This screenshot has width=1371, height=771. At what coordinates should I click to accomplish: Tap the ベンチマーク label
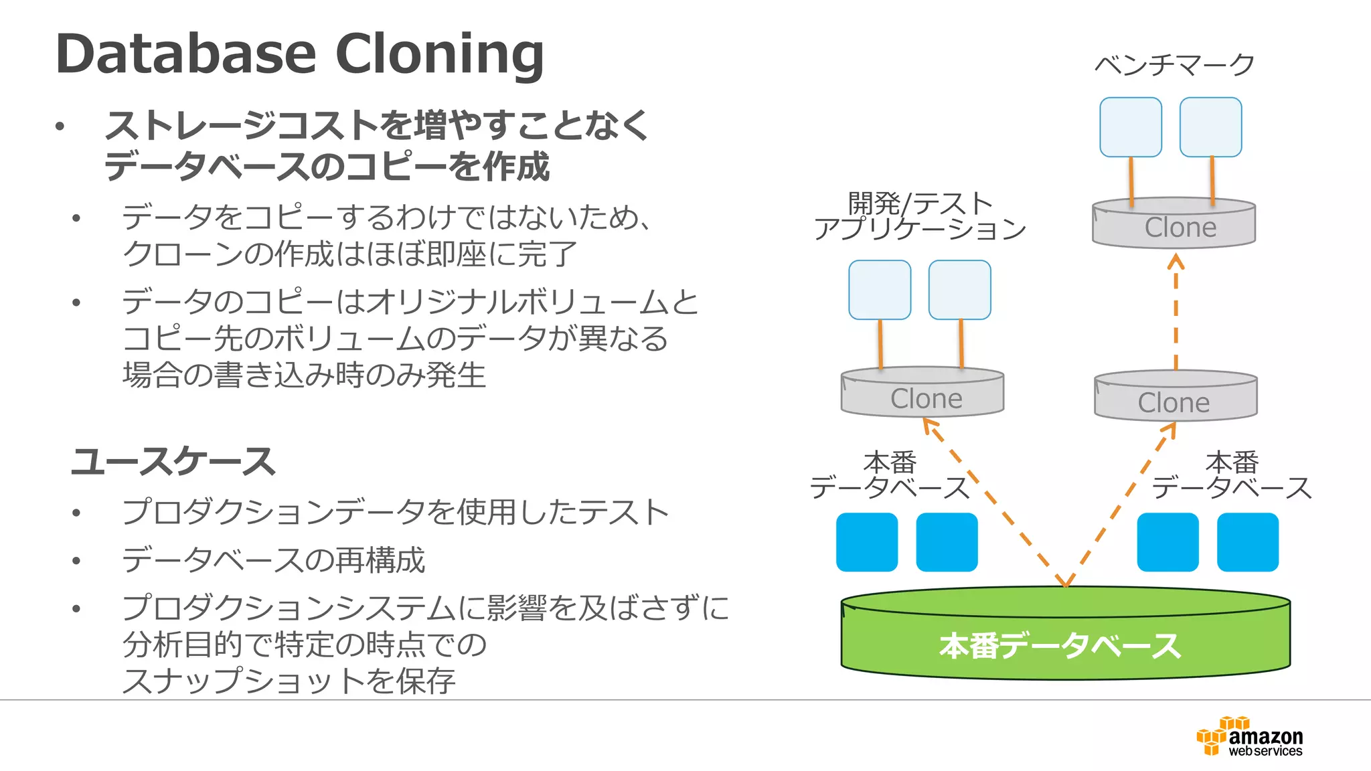[x=1174, y=64]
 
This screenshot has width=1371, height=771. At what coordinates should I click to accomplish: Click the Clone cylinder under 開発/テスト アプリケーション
[x=922, y=394]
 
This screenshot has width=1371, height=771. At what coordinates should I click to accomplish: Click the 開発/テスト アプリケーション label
[x=920, y=216]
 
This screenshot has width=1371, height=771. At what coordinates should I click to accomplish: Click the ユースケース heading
[x=173, y=462]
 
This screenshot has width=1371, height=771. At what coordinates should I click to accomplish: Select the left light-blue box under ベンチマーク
[x=1131, y=127]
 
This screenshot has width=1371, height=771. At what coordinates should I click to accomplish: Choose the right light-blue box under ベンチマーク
[x=1210, y=127]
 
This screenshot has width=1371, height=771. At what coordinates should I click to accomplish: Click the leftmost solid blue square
[x=867, y=542]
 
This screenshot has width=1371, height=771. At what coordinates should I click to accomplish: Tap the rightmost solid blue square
[x=1247, y=542]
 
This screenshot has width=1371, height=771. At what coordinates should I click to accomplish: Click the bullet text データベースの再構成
[x=273, y=560]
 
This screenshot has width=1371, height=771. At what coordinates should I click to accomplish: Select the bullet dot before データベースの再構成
[x=76, y=561]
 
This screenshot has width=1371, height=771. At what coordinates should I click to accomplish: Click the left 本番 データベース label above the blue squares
[x=890, y=475]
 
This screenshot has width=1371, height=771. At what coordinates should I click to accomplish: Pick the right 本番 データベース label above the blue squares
[x=1232, y=475]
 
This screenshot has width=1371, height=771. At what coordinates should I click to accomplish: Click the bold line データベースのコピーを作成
[x=327, y=166]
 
